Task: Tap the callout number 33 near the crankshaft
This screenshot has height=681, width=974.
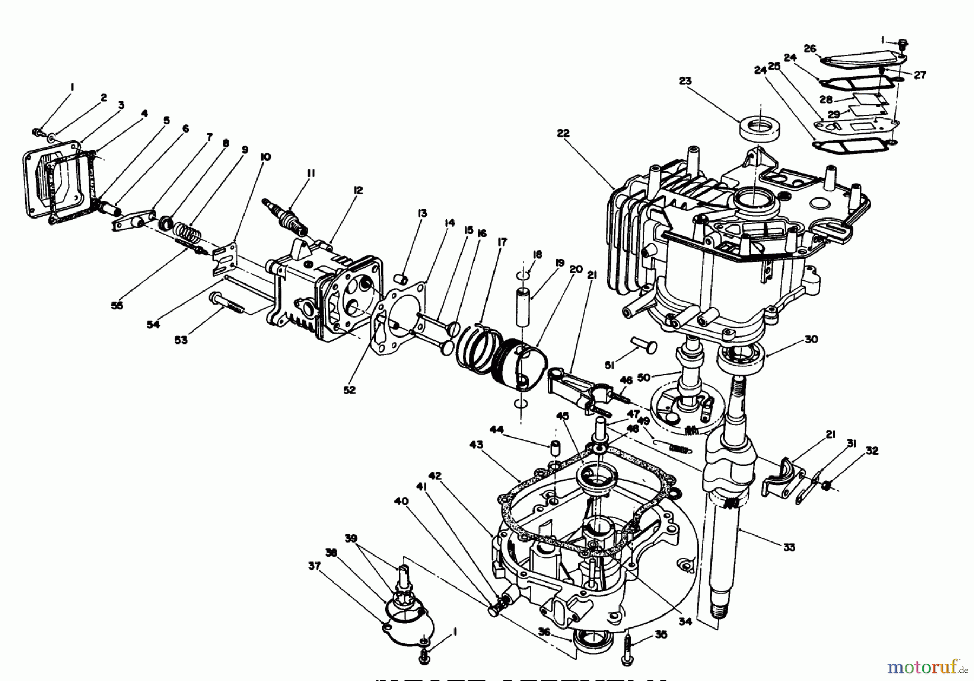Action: pos(789,547)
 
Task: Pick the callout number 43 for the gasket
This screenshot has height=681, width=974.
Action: pos(476,445)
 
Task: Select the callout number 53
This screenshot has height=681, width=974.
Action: pos(181,340)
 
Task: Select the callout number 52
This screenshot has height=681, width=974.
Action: pos(350,390)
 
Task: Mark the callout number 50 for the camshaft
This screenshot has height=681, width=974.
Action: pos(643,378)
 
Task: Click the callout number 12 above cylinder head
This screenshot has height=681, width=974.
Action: pos(358,190)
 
